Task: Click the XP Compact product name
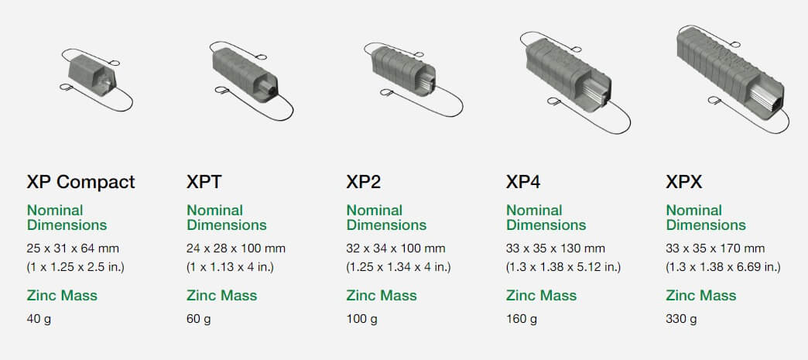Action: click(x=81, y=182)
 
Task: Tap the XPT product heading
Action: click(x=204, y=182)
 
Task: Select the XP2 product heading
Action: click(x=363, y=182)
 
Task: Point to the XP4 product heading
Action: click(x=523, y=182)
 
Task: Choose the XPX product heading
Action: click(x=684, y=182)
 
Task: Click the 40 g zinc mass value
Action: click(x=39, y=319)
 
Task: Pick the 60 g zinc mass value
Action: click(x=198, y=319)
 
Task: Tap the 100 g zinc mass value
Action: click(x=361, y=319)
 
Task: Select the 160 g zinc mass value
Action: click(x=522, y=319)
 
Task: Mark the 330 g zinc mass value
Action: click(x=681, y=319)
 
